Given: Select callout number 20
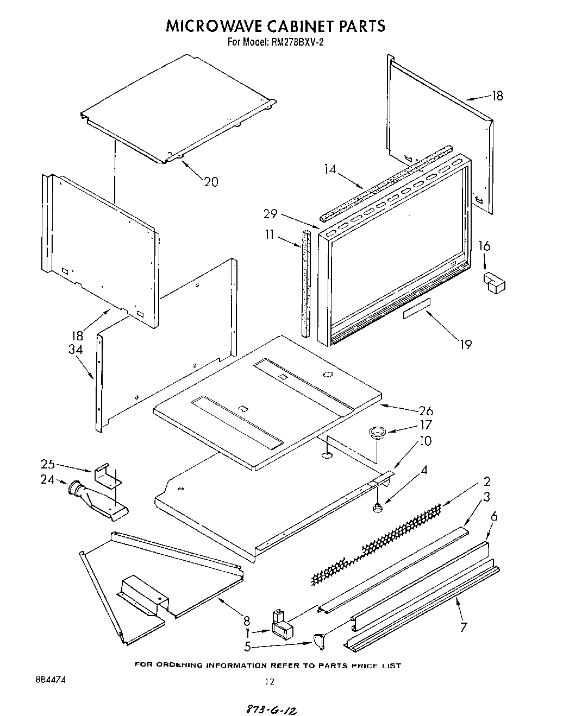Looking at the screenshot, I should [211, 182].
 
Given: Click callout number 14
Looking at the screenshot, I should [330, 169].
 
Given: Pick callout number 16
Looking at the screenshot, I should [484, 246].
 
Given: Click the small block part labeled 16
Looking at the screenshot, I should [493, 282].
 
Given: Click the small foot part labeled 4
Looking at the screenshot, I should [376, 508].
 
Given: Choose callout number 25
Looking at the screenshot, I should [48, 464].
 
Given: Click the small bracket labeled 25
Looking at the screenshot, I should [108, 474].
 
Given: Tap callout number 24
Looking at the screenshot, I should [48, 479].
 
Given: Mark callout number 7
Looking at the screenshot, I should [462, 627].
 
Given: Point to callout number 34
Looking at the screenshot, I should [75, 350].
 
